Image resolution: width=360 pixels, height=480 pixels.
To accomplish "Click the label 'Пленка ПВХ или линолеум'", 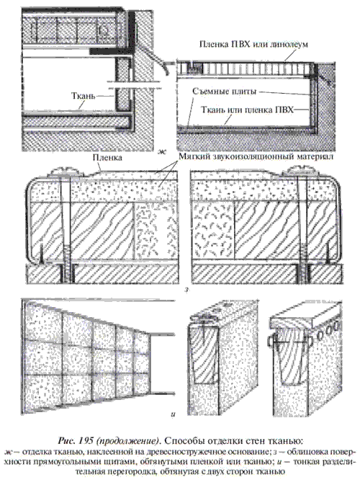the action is click(x=253, y=44).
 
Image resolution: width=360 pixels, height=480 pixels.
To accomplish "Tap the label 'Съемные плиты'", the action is click(x=224, y=92).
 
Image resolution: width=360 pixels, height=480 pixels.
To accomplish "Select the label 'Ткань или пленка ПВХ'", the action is click(x=247, y=110).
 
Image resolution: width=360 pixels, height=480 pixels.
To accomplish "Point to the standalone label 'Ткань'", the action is click(x=84, y=96).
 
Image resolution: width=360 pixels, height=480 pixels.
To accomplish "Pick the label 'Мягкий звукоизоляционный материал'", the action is click(x=256, y=156).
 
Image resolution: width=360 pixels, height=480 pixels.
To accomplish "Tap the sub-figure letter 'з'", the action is click(x=186, y=289).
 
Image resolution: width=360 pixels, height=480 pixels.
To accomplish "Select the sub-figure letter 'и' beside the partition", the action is click(x=173, y=415).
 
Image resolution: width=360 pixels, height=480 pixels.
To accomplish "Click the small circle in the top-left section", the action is click(x=104, y=29).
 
